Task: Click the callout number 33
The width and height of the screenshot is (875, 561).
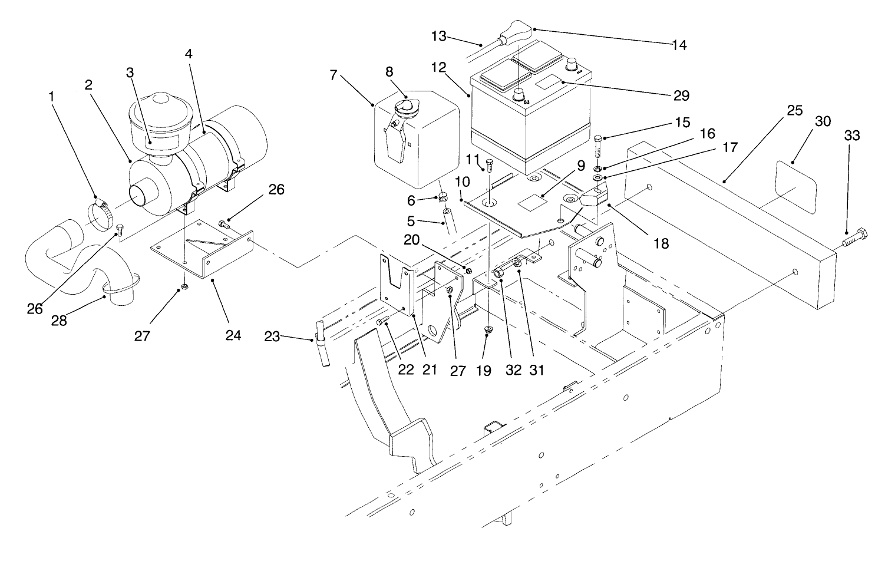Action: coord(851,136)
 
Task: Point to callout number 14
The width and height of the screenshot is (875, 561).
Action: coord(679,45)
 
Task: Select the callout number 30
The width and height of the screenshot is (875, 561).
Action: coord(823,121)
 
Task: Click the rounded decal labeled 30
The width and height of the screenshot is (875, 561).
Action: coord(795,187)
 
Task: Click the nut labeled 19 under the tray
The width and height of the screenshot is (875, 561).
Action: coord(488,330)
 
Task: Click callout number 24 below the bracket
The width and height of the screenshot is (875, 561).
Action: coord(233,335)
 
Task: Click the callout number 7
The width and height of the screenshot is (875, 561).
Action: coord(334,75)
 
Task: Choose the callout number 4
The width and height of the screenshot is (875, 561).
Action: coord(188,54)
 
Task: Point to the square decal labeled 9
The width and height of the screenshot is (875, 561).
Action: coord(531,202)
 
